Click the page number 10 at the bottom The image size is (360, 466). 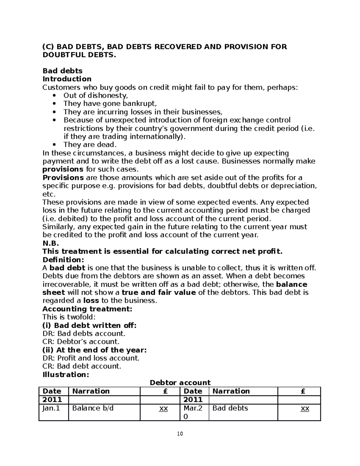(180, 434)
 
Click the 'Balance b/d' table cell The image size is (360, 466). (93, 408)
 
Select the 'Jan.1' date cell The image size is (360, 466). (51, 408)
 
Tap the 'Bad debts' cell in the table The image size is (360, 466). (230, 408)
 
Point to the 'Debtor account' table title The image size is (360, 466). (180, 383)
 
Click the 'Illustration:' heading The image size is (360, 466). (66, 374)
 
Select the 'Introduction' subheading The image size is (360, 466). (67, 79)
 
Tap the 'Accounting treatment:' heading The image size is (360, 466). (87, 309)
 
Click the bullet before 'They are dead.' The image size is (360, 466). (54, 145)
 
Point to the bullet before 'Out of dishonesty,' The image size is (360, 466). (54, 96)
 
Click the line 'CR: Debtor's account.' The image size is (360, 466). (81, 341)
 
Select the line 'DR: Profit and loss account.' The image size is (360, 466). (91, 358)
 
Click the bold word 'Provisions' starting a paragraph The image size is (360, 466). (63, 178)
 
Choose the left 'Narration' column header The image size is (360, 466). (91, 391)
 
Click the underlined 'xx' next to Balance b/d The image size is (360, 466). (163, 408)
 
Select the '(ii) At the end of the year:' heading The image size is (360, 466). (94, 350)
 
